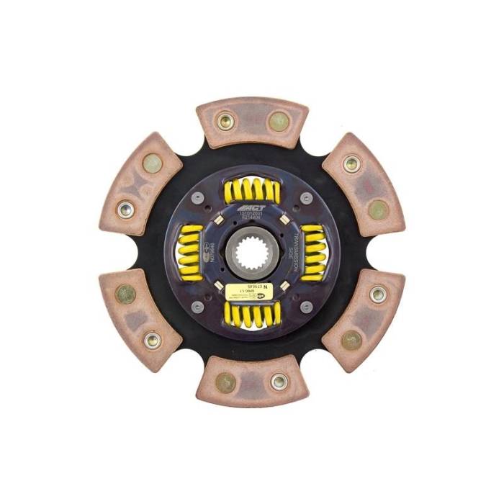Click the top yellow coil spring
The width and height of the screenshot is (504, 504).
251,191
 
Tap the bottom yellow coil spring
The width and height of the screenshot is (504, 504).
252,313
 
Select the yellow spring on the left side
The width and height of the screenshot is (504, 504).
189,251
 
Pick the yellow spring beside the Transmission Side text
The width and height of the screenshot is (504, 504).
313,251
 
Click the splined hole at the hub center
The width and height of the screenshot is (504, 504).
251,252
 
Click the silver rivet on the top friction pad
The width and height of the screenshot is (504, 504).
225,121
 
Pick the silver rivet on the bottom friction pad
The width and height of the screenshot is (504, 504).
279,382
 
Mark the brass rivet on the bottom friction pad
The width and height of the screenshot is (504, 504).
225,382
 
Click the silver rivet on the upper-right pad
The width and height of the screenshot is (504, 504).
351,164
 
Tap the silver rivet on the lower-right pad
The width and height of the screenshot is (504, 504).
378,293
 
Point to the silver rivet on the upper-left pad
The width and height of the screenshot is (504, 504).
125,210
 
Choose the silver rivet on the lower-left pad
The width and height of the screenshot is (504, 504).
153,339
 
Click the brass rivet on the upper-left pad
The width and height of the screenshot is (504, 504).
152,163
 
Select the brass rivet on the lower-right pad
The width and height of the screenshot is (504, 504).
351,340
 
